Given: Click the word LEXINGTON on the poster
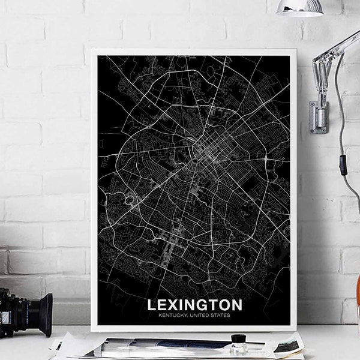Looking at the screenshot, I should click(x=195, y=305).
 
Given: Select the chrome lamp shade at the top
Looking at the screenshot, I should click(x=300, y=7).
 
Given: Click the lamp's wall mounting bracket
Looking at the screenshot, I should click(x=318, y=117).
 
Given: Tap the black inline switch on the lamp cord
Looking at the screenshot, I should click(x=343, y=164).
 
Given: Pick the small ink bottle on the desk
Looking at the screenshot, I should click(x=239, y=346).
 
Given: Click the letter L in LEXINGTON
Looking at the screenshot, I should click(x=152, y=305).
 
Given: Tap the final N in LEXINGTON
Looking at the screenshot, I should click(x=237, y=305).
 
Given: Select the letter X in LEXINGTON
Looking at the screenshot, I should click(x=175, y=305).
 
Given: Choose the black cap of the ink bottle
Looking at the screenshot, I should click(x=239, y=338).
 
